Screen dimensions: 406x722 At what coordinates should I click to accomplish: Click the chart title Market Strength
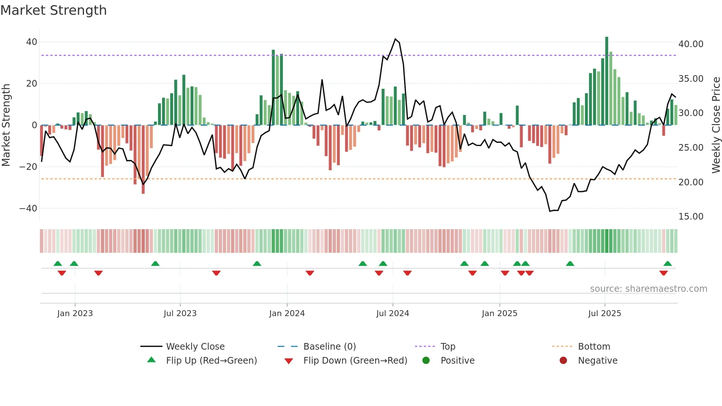pyautogui.click(x=53, y=10)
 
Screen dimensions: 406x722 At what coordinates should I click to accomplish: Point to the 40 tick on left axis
pyautogui.click(x=32, y=42)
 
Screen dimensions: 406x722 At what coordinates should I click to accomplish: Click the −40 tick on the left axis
pyautogui.click(x=28, y=209)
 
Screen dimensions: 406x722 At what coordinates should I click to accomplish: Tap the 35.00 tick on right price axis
pyautogui.click(x=691, y=79)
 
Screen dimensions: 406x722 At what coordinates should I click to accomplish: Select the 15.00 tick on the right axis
pyautogui.click(x=691, y=217)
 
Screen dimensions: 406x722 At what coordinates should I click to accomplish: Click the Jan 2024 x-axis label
pyautogui.click(x=287, y=314)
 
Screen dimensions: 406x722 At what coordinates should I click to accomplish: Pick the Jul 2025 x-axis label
pyautogui.click(x=604, y=314)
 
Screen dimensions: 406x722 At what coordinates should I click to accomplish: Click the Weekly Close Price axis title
pyautogui.click(x=716, y=125)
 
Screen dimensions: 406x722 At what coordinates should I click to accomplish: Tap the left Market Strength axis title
pyautogui.click(x=6, y=125)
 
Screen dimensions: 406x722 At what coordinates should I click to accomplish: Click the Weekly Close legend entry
pyautogui.click(x=195, y=347)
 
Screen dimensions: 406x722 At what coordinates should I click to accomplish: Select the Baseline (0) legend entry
pyautogui.click(x=329, y=347)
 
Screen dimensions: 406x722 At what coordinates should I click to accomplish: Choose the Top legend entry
pyautogui.click(x=448, y=347)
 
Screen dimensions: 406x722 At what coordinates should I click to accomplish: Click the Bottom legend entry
pyautogui.click(x=594, y=347)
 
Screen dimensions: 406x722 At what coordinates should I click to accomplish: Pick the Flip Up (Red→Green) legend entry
pyautogui.click(x=211, y=361)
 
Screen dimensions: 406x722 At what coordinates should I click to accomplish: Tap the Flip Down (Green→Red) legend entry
pyautogui.click(x=355, y=361)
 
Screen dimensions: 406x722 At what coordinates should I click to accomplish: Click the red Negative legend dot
pyautogui.click(x=563, y=361)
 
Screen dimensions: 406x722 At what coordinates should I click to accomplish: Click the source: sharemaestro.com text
pyautogui.click(x=648, y=289)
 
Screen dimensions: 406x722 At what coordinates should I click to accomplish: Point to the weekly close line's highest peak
pyautogui.click(x=395, y=39)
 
